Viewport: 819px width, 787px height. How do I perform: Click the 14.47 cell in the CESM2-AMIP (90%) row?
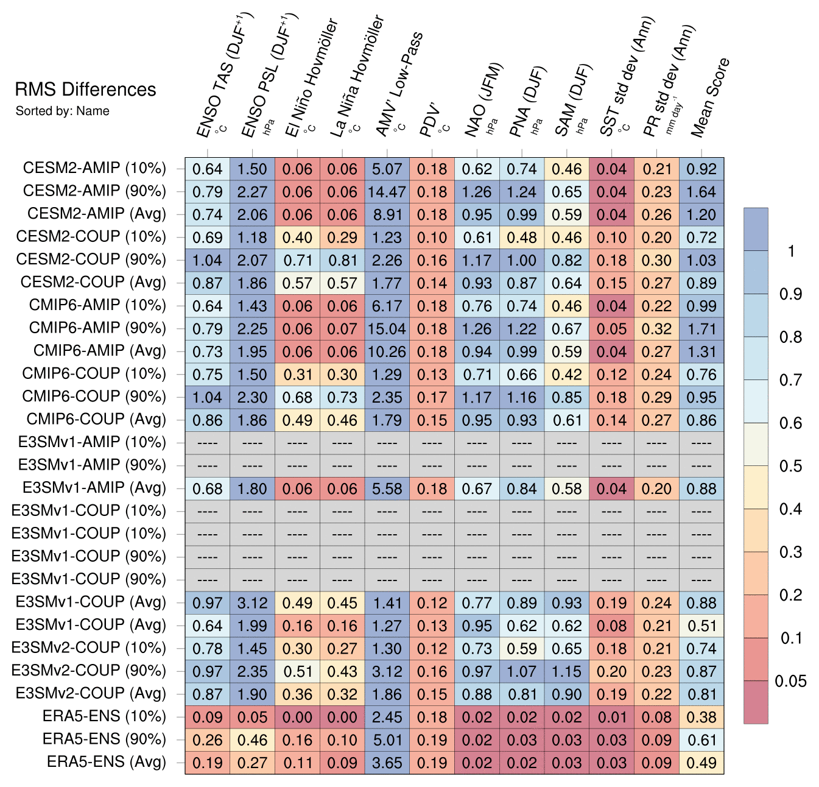[x=387, y=192]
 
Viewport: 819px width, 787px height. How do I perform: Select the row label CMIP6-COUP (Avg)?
[x=96, y=420]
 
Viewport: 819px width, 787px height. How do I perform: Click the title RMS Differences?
[x=86, y=90]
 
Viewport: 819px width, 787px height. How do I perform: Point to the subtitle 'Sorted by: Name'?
[x=63, y=111]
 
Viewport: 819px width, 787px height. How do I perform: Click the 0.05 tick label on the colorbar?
[x=790, y=681]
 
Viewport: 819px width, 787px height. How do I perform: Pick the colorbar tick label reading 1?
[x=791, y=251]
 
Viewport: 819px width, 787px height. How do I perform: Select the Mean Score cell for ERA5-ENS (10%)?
[x=701, y=717]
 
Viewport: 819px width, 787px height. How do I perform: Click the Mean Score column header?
[x=710, y=97]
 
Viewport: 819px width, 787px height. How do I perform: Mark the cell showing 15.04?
[x=387, y=329]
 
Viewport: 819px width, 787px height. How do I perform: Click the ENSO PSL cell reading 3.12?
[x=252, y=603]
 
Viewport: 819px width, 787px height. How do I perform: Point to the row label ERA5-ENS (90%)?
[x=104, y=739]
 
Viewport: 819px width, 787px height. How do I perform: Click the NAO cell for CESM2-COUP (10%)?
[x=477, y=238]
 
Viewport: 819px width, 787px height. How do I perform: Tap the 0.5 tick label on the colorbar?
[x=790, y=466]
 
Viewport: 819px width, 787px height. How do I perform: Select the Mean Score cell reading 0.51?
[x=701, y=626]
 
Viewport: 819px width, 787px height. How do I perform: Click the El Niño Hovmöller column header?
[x=311, y=79]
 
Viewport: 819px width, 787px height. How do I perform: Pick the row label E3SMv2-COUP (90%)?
[x=90, y=671]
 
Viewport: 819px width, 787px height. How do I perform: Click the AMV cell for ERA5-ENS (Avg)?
[x=387, y=763]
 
